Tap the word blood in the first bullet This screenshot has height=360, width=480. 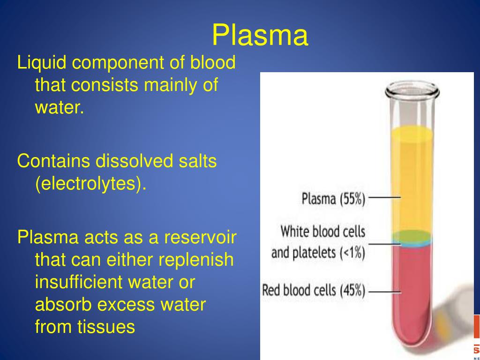click(213, 63)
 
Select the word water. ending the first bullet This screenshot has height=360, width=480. click(59, 108)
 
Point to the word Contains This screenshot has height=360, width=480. click(53, 161)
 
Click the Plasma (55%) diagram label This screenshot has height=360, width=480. click(333, 199)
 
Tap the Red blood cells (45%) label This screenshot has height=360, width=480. click(314, 290)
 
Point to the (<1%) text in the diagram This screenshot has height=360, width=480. click(350, 252)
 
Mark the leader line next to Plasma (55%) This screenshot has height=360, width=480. click(385, 198)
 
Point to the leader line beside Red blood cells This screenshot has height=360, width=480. click(385, 292)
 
